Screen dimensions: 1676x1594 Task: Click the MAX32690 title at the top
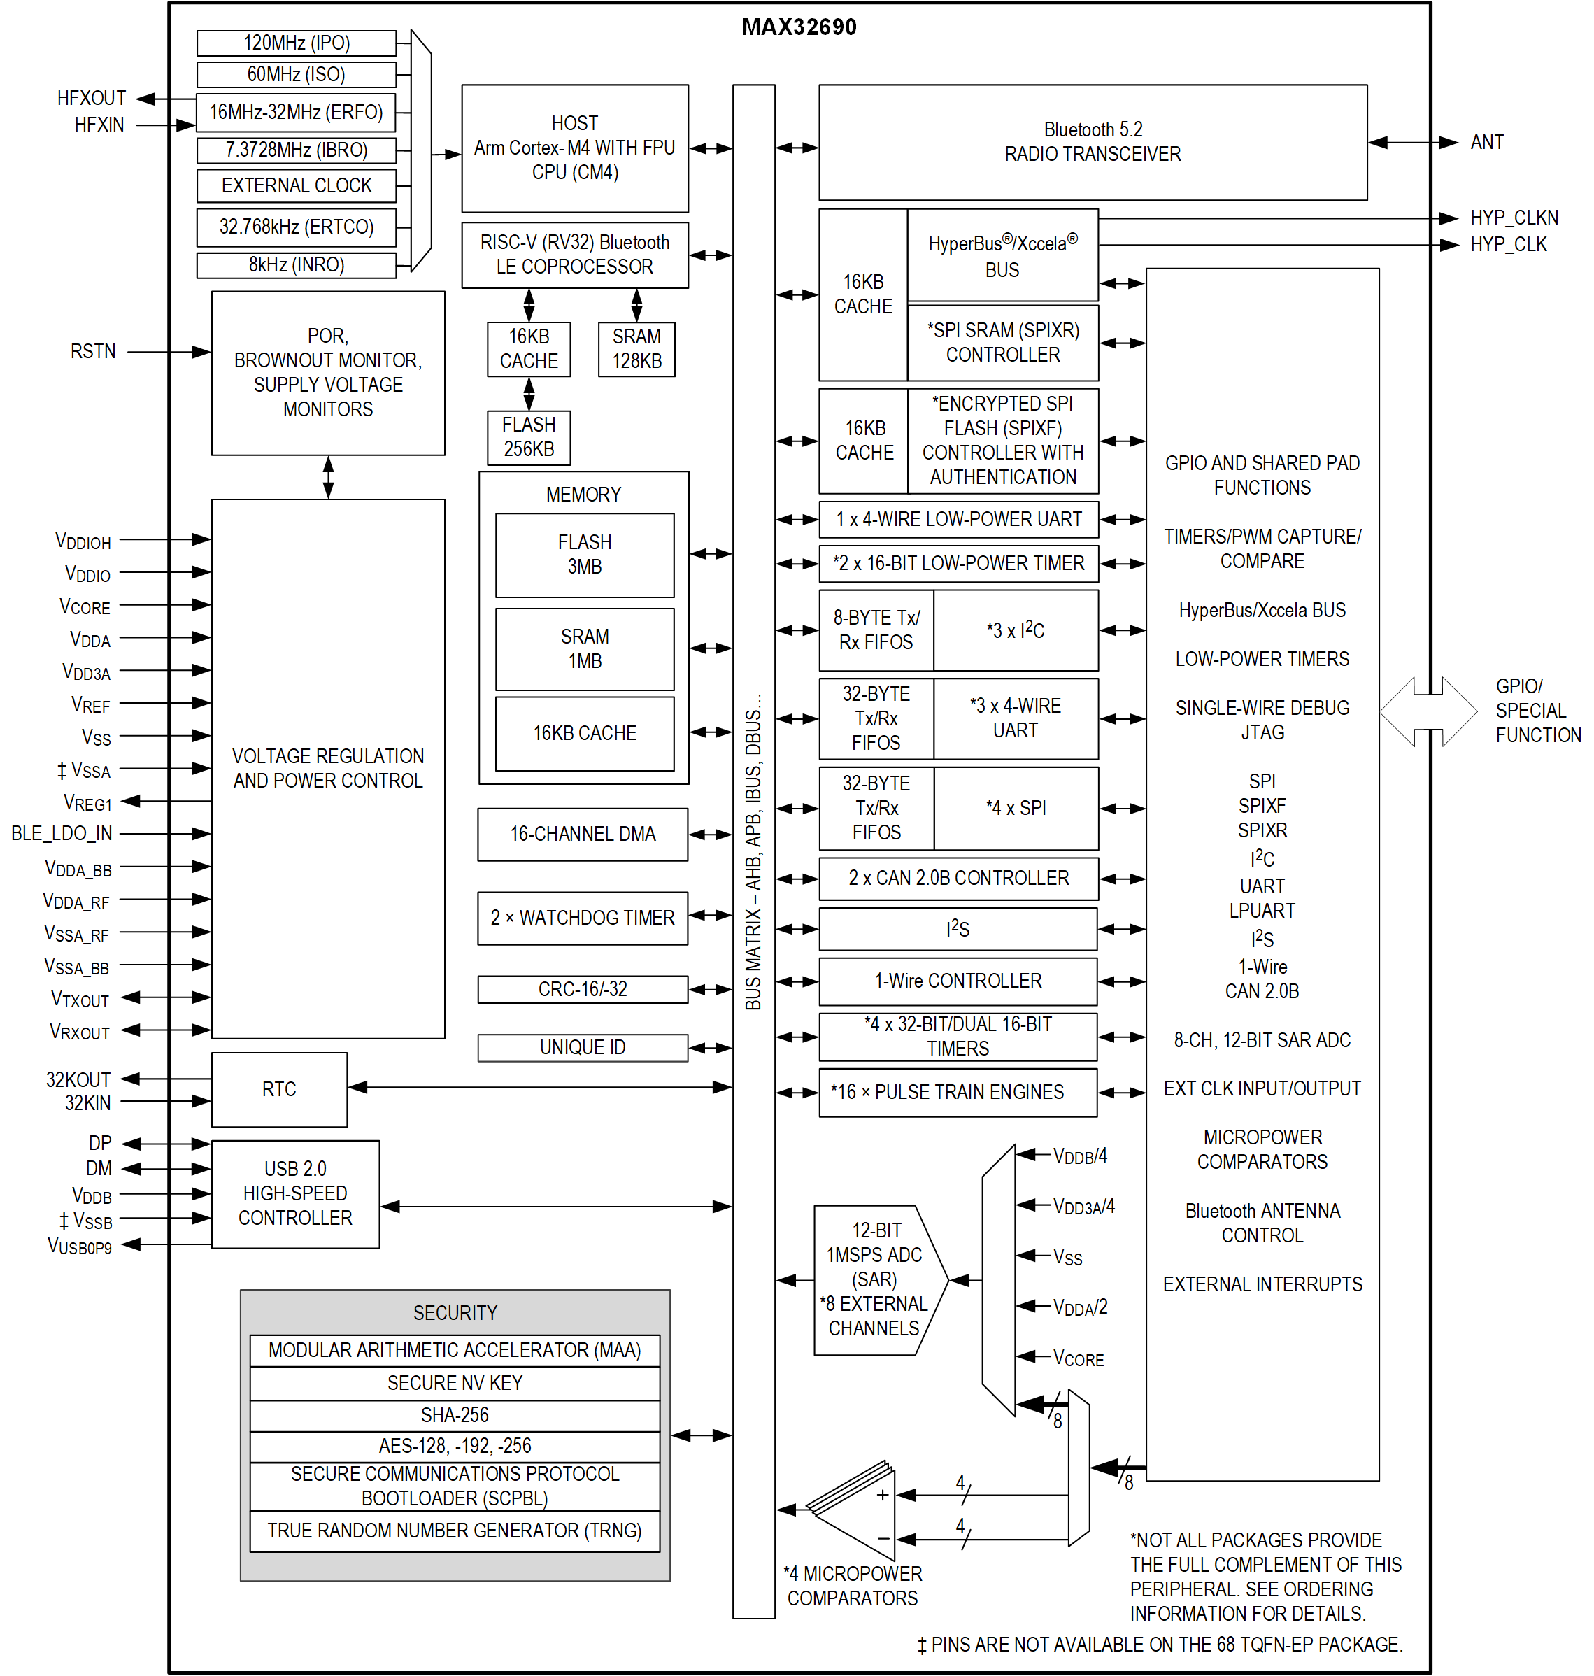tap(799, 27)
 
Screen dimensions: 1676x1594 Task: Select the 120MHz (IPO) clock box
tap(296, 43)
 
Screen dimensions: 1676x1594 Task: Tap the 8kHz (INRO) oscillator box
tap(296, 264)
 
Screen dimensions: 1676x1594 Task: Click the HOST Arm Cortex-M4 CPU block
tap(574, 148)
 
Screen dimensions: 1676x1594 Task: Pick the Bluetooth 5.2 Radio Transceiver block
tap(1092, 142)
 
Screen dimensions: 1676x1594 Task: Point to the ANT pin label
tap(1486, 142)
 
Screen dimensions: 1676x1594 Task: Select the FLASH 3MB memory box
tap(585, 554)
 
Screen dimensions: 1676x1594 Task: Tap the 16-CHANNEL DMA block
tap(582, 834)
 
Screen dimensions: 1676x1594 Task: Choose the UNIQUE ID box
tap(582, 1047)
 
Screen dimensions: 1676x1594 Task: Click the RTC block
tap(278, 1088)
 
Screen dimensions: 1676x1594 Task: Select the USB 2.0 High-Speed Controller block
tap(295, 1193)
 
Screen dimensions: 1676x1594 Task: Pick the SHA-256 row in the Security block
tap(455, 1414)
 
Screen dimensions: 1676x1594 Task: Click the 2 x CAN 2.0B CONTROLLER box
tap(958, 878)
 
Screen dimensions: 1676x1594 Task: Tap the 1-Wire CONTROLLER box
tap(958, 981)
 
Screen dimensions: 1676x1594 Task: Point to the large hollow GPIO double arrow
tap(1428, 711)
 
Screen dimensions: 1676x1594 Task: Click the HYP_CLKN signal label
tap(1514, 218)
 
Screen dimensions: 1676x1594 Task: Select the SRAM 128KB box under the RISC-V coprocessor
tap(636, 348)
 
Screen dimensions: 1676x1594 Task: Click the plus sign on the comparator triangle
tap(883, 1495)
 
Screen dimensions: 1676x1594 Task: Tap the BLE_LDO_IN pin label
tap(61, 833)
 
